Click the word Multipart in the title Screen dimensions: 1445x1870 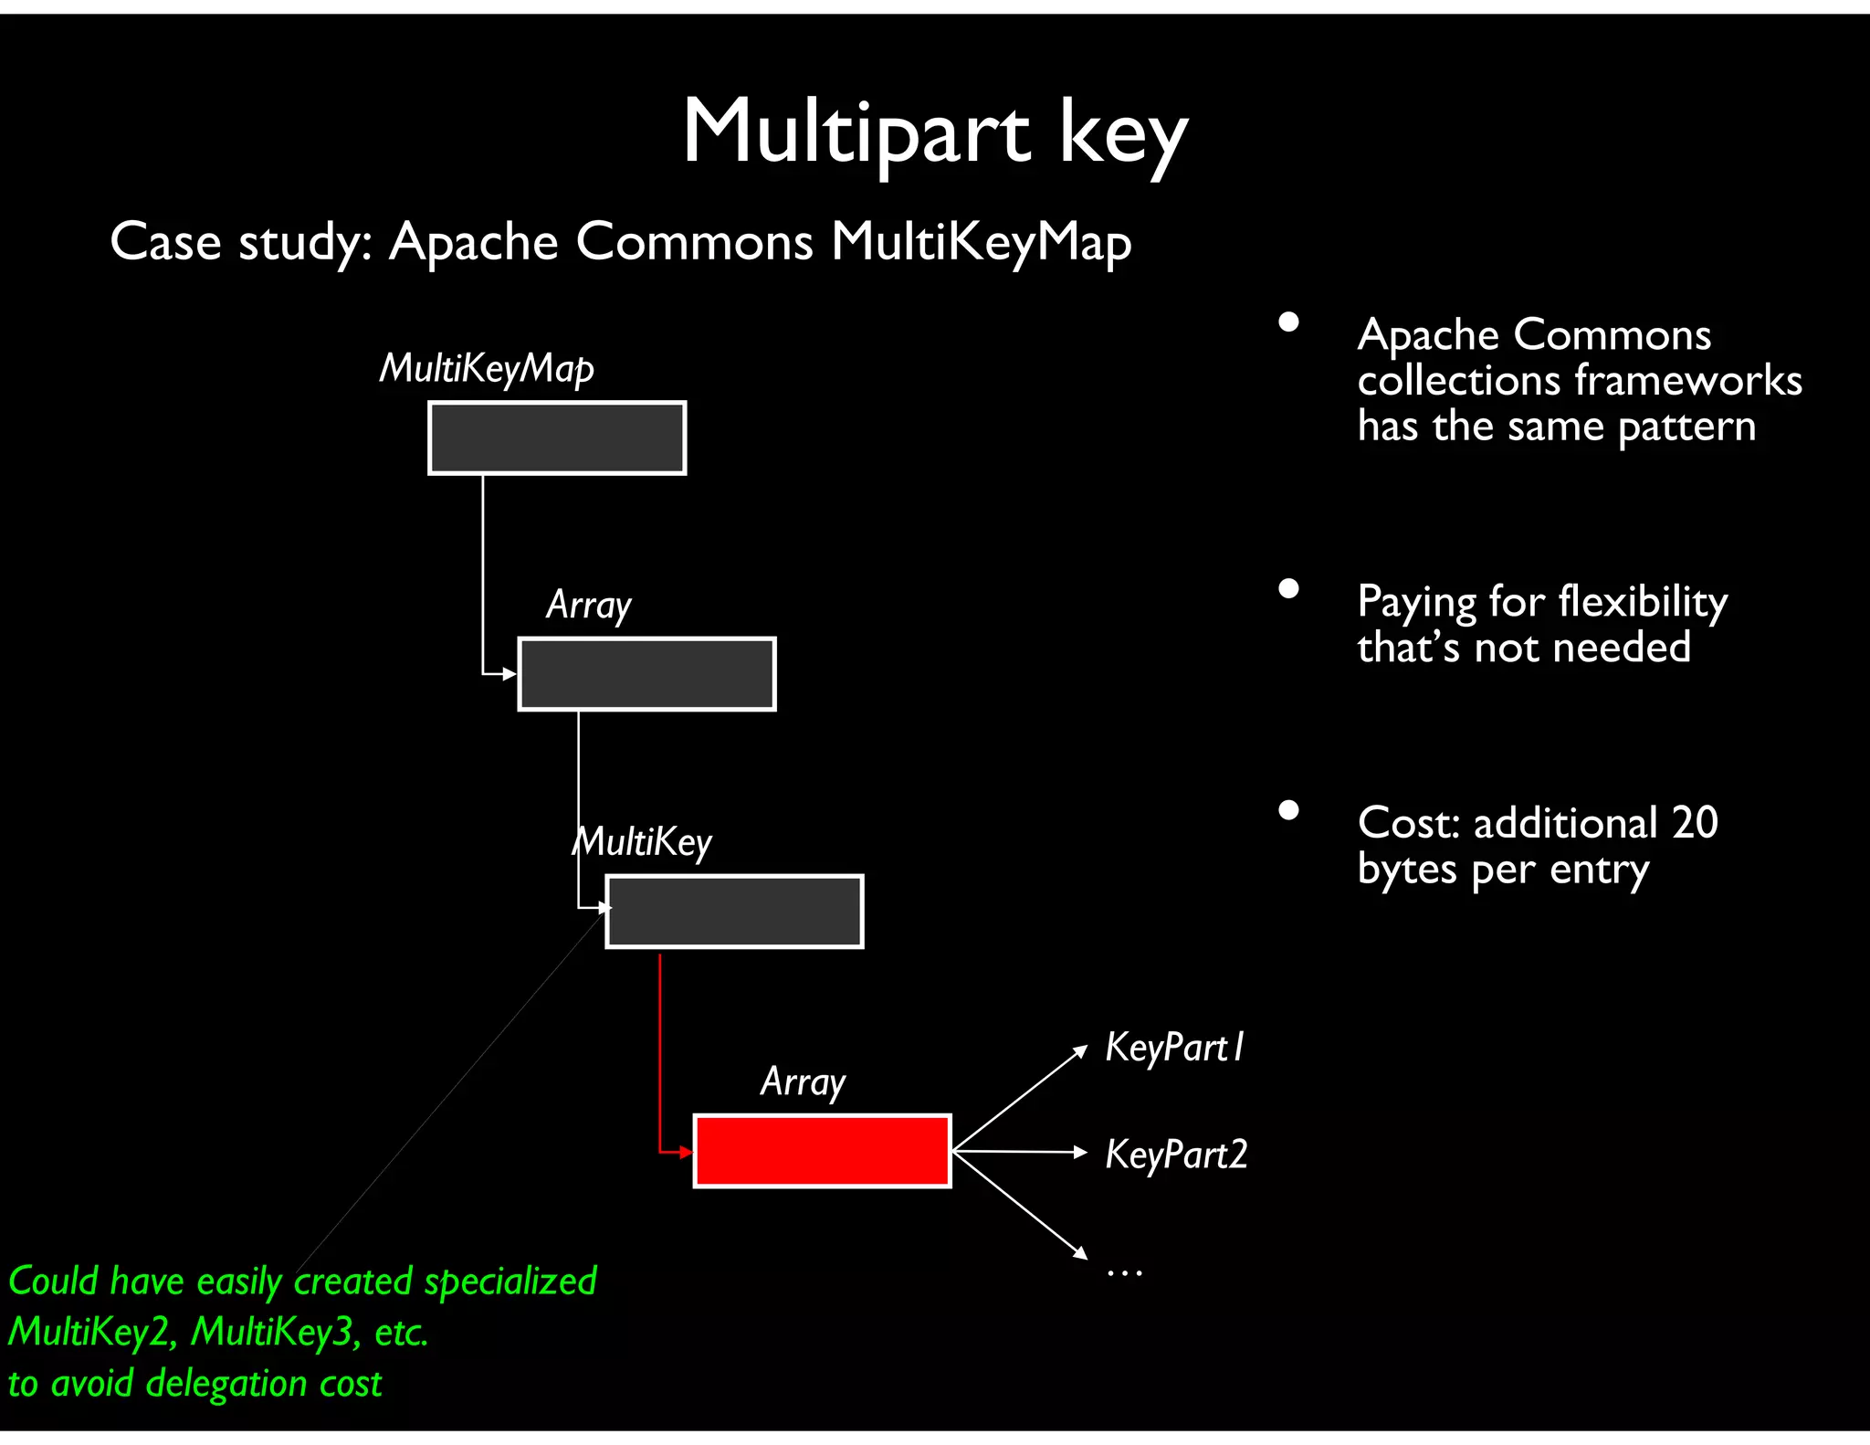[856, 132]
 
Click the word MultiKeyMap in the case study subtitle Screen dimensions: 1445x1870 [981, 242]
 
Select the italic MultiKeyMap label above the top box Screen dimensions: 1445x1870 [487, 368]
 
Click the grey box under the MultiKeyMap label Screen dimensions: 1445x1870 [557, 438]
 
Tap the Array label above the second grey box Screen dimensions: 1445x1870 [589, 605]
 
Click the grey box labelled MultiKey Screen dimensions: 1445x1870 [734, 912]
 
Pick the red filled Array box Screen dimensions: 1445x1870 [822, 1151]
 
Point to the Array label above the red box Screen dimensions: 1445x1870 [803, 1081]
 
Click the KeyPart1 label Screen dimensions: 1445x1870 [1174, 1048]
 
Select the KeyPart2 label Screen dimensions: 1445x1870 [1176, 1155]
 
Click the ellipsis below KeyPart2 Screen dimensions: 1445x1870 [1124, 1271]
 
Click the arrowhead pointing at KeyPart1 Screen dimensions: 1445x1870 [1079, 1051]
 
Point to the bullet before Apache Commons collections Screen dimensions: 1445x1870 [1288, 322]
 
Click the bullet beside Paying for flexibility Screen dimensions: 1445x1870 [1288, 588]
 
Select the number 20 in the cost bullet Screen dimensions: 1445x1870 [1695, 822]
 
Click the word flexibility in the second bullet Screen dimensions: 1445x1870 [1643, 601]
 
